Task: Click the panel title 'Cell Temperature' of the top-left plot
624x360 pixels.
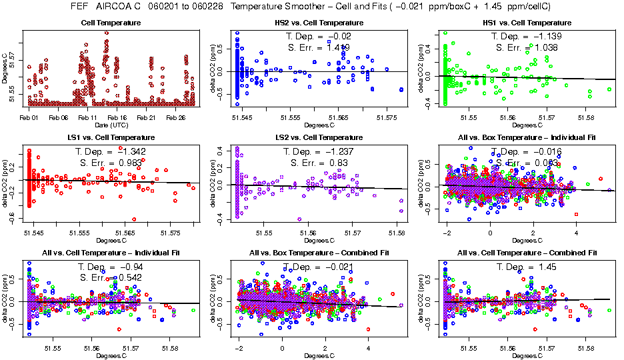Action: click(110, 23)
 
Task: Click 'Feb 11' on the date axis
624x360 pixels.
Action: click(87, 117)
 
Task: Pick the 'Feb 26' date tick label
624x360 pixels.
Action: click(175, 117)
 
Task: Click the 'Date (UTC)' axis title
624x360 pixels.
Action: click(110, 125)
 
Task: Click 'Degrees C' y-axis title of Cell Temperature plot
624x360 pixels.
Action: click(5, 68)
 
